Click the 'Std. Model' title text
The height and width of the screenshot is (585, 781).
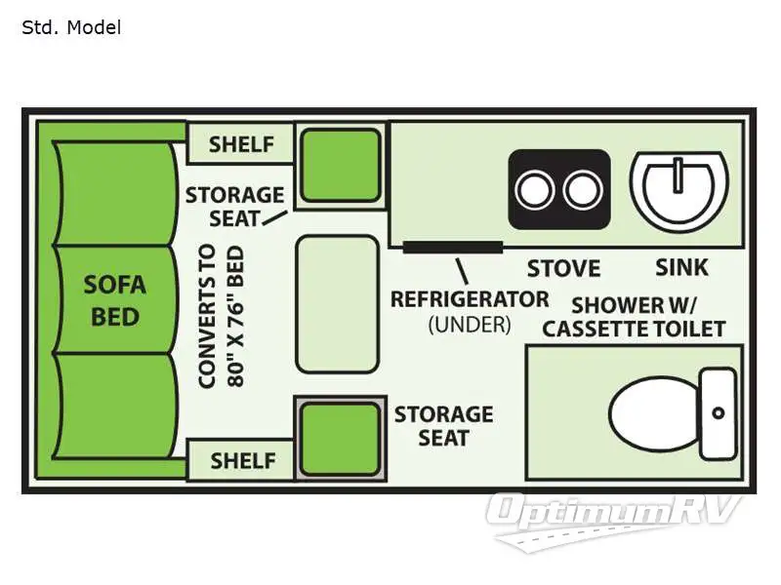pyautogui.click(x=71, y=27)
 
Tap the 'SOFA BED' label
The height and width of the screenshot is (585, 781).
pyautogui.click(x=113, y=300)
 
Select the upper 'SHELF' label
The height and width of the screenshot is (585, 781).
pyautogui.click(x=242, y=144)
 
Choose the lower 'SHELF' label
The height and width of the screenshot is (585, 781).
pyautogui.click(x=242, y=459)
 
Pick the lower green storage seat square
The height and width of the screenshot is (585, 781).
pyautogui.click(x=339, y=439)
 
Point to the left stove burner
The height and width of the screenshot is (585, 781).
pyautogui.click(x=534, y=190)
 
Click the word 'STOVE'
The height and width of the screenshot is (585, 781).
pyautogui.click(x=563, y=268)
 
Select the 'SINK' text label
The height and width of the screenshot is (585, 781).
pyautogui.click(x=681, y=267)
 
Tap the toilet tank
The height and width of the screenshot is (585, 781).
pyautogui.click(x=718, y=412)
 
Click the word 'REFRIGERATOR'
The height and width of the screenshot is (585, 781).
pyautogui.click(x=470, y=298)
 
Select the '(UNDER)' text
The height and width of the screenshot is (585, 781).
pyautogui.click(x=469, y=324)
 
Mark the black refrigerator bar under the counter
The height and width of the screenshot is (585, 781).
pyautogui.click(x=453, y=246)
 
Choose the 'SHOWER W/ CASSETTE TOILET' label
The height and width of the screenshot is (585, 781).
pyautogui.click(x=634, y=316)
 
